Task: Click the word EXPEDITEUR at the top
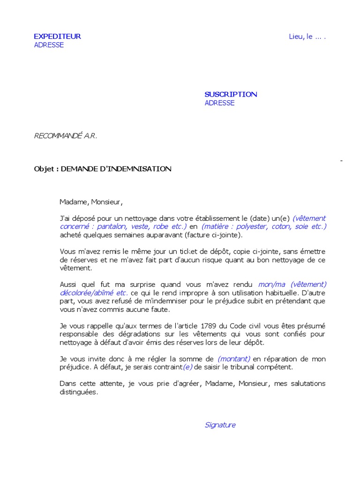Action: coord(57,37)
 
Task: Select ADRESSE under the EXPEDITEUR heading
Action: coord(49,45)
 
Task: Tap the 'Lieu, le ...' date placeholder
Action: coord(307,37)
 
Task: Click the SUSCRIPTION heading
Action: coord(231,94)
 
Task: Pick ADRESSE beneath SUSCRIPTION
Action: coord(219,103)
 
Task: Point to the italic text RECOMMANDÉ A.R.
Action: coord(65,136)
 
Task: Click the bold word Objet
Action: coord(45,169)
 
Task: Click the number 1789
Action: coord(209,326)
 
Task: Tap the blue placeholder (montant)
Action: coord(234,359)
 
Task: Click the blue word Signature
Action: coord(220,425)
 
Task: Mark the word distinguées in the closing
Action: coord(79,392)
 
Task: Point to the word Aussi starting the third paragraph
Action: coord(69,285)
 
